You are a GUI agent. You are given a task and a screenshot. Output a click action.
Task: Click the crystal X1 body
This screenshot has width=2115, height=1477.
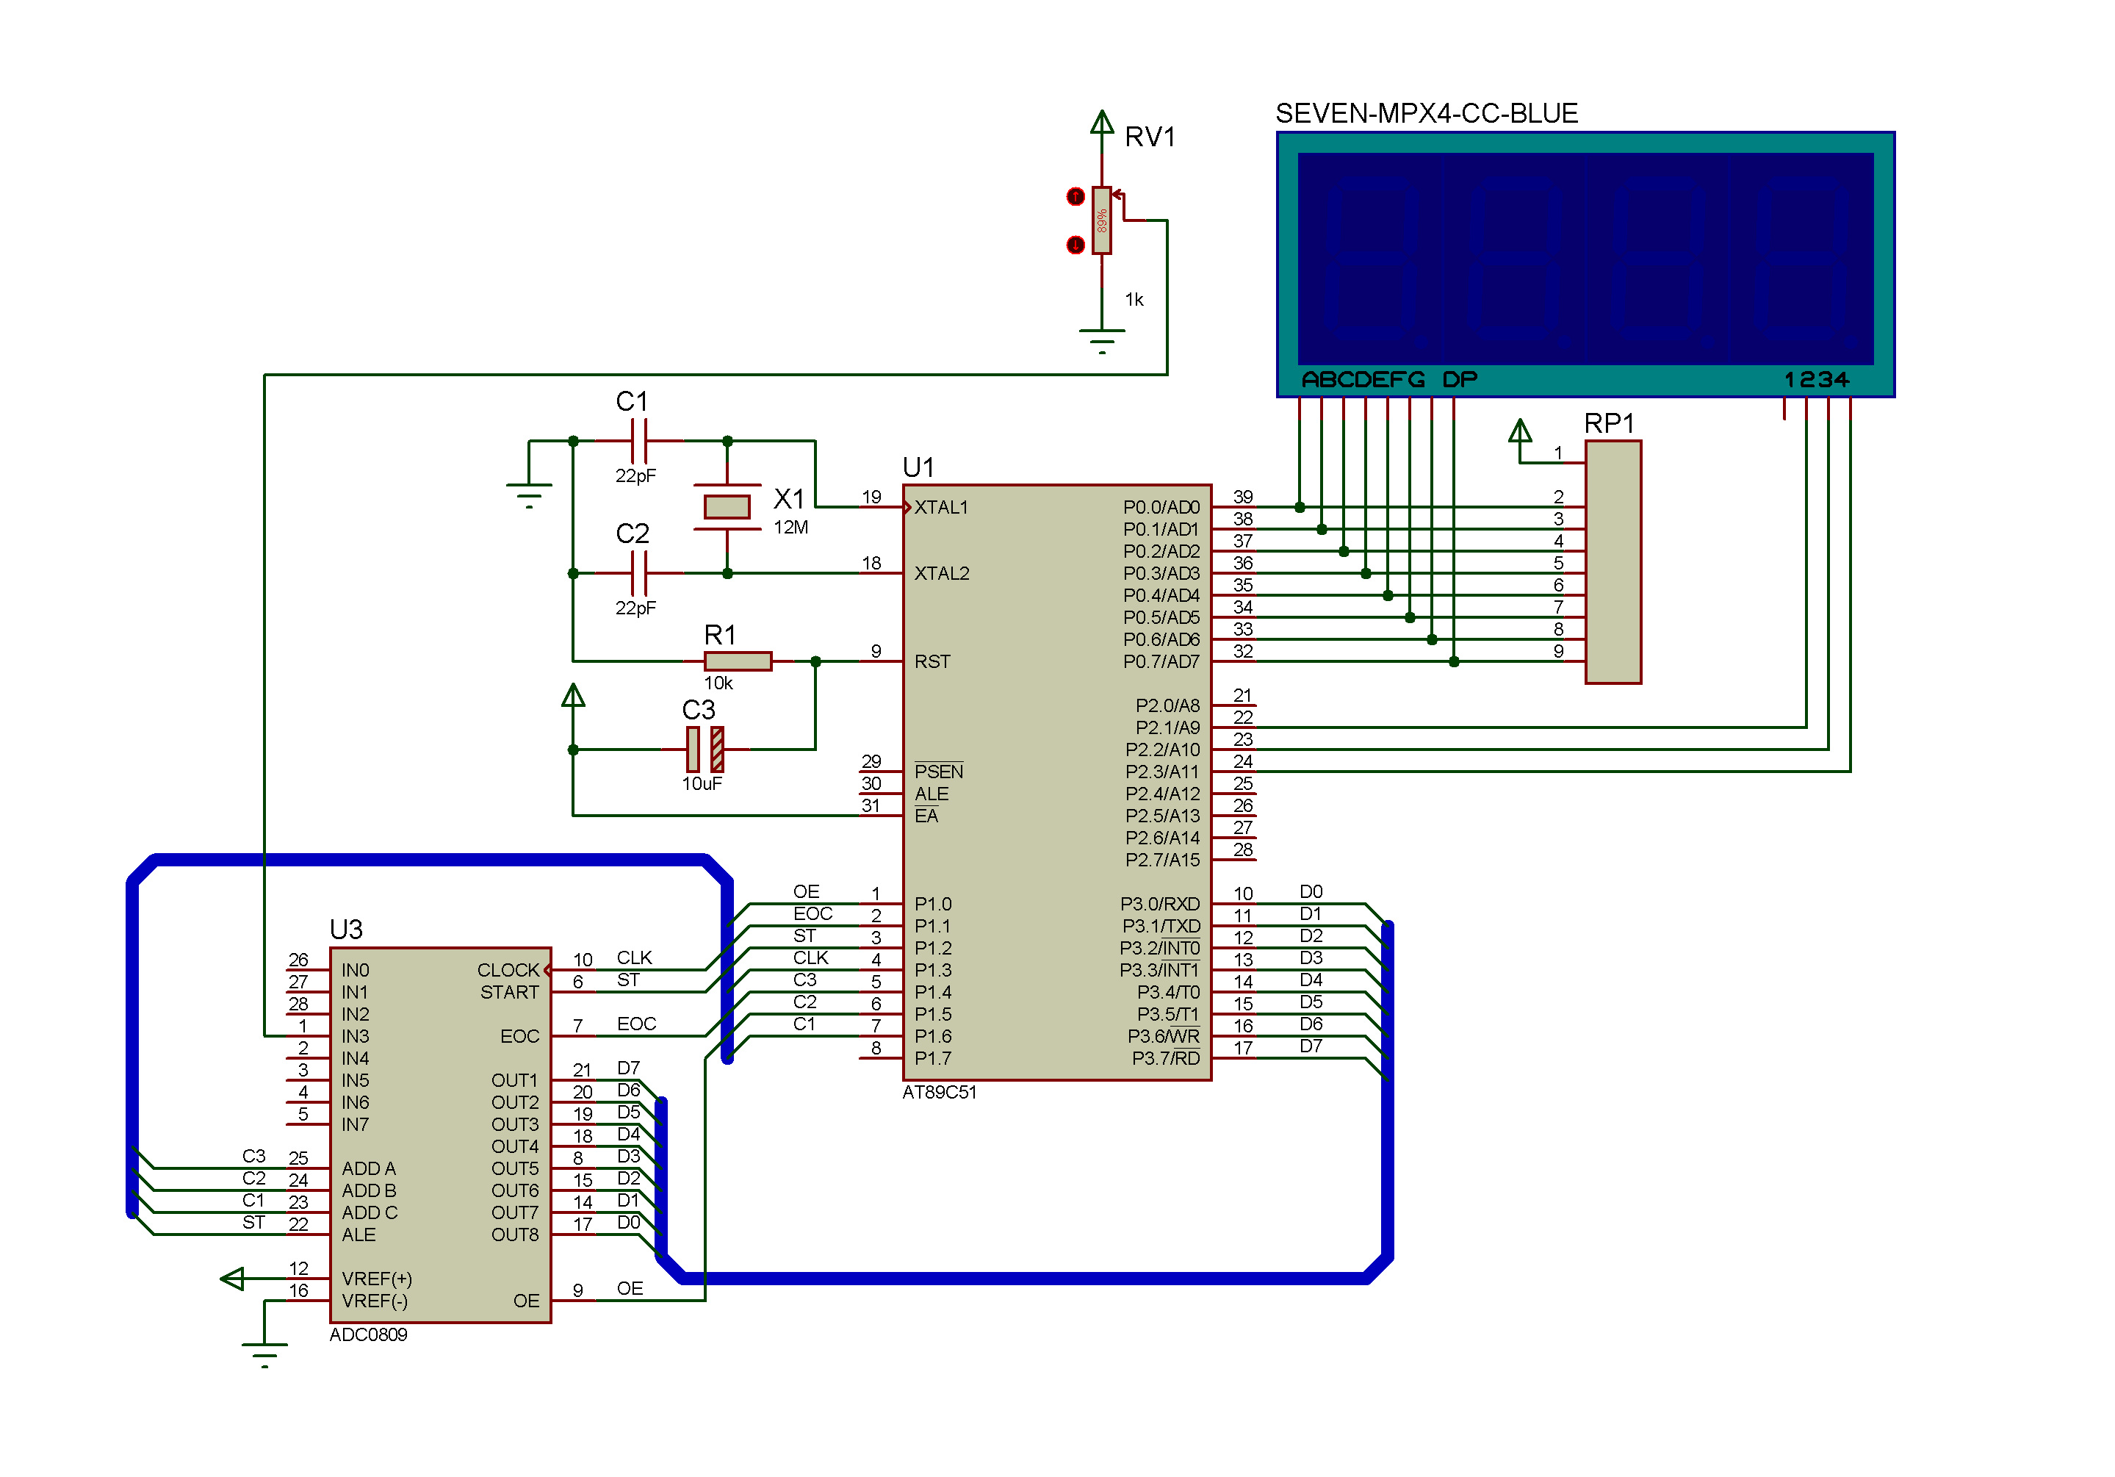tap(727, 507)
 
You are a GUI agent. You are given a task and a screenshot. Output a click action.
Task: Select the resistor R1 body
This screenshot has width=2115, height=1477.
tap(738, 661)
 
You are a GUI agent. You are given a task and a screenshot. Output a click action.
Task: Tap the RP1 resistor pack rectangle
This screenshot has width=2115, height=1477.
tap(1613, 562)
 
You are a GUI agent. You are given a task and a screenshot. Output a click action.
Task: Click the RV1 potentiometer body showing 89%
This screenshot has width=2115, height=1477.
tap(1102, 220)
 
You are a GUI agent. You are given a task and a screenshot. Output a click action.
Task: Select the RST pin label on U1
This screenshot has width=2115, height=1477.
tap(932, 661)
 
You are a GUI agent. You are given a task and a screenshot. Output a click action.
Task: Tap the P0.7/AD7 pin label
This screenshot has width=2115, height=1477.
tap(1161, 661)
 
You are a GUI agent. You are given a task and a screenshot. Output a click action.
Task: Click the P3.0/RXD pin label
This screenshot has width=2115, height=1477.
tap(1160, 904)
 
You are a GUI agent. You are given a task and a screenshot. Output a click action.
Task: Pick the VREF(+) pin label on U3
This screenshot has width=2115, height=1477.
tap(377, 1279)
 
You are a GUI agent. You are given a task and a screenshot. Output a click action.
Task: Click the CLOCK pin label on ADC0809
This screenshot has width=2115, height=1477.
tap(508, 970)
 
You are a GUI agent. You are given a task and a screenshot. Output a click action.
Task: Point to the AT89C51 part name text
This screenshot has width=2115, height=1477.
tap(940, 1092)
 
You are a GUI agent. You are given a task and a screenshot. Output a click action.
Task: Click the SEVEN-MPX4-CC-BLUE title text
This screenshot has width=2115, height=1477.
tap(1427, 113)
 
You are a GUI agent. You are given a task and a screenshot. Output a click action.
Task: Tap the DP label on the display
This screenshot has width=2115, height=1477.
tap(1460, 380)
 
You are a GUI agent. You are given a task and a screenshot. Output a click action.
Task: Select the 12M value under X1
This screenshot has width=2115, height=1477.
tap(790, 527)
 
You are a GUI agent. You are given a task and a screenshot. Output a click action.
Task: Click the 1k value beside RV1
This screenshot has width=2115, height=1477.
tap(1134, 300)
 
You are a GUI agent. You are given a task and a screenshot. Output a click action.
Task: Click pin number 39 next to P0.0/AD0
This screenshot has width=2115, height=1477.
tap(1243, 497)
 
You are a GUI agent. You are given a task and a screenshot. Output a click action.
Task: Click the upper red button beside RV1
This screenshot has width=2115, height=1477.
tap(1075, 196)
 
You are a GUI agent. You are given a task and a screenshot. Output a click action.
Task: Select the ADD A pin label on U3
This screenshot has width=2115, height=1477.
tap(369, 1168)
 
